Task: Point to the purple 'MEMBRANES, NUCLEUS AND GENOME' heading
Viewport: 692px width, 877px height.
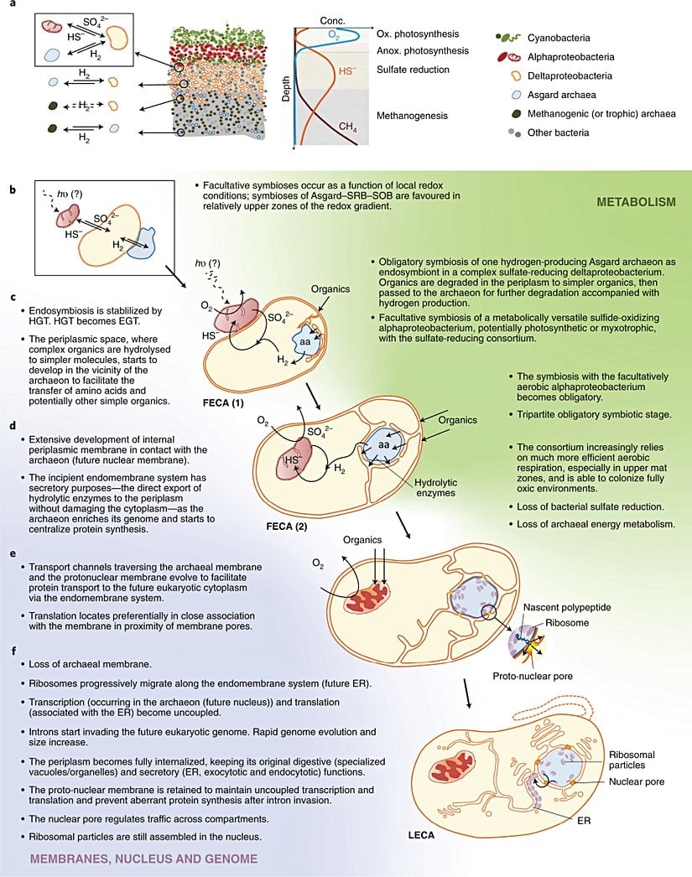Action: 143,859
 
